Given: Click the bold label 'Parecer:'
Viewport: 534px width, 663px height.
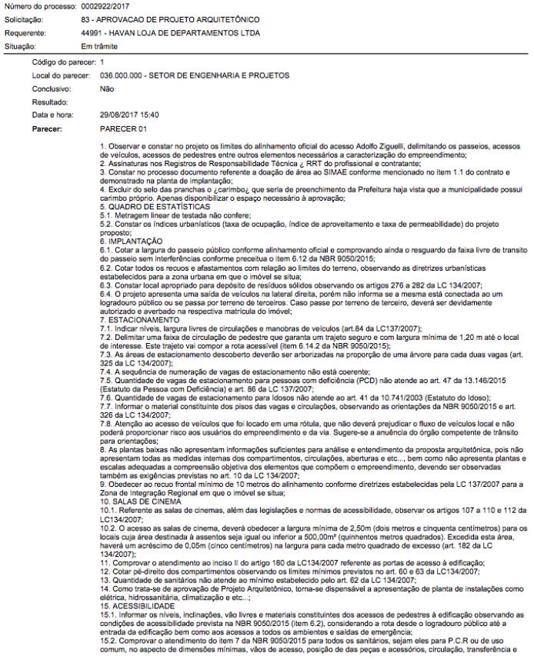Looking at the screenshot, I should coord(48,128).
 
